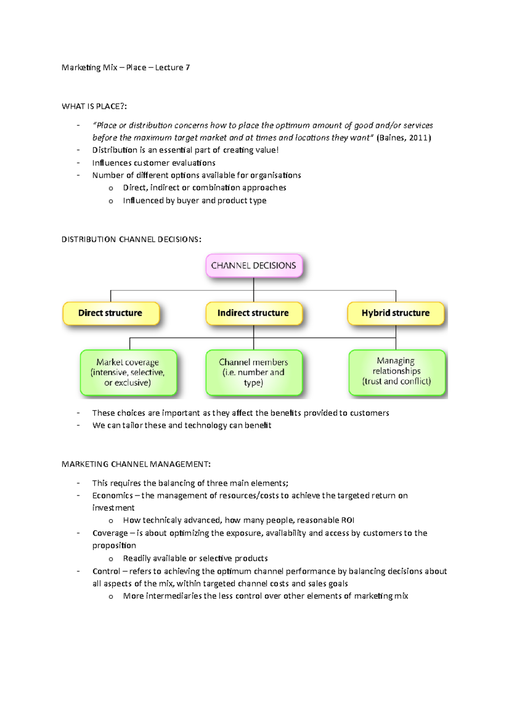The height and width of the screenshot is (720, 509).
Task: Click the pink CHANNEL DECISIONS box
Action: point(254,265)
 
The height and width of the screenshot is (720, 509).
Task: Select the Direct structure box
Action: point(110,313)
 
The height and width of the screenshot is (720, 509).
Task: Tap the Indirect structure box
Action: point(253,313)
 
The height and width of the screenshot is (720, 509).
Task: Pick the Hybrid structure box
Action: point(395,313)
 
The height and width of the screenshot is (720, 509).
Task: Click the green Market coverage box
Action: point(128,372)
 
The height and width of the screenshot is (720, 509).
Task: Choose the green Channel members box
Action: point(253,372)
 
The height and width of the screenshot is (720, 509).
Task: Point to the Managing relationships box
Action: point(397,371)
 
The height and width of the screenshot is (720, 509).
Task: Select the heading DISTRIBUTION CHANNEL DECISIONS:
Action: point(131,240)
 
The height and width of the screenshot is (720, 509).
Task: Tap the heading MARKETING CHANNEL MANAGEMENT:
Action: point(136,464)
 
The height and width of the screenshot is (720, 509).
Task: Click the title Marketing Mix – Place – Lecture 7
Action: point(126,67)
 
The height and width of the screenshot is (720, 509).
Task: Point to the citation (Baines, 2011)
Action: point(403,138)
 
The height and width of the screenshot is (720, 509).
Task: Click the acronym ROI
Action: point(347,520)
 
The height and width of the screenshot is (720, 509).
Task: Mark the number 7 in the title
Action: point(187,67)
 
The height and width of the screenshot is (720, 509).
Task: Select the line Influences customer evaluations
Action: point(154,163)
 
